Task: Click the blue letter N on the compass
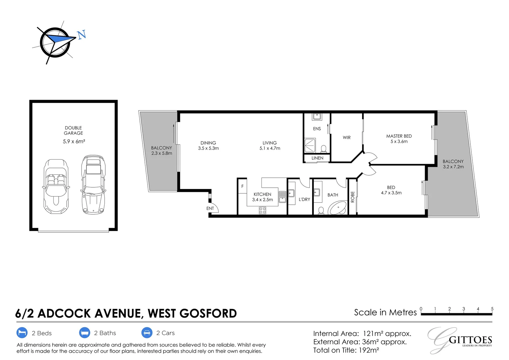click(82, 34)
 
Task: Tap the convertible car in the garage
click(56, 186)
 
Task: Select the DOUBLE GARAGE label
click(73, 130)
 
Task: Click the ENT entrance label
click(210, 208)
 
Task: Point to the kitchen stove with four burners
click(262, 210)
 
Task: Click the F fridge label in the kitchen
click(242, 186)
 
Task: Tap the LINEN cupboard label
click(317, 158)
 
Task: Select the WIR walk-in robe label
click(346, 137)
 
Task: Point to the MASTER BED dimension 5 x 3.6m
click(399, 141)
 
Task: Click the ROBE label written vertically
click(352, 197)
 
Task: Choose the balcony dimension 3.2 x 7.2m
click(453, 167)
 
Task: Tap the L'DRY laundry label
click(304, 199)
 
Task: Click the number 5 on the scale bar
click(492, 309)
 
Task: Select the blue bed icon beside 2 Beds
click(22, 333)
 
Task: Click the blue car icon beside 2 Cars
click(147, 333)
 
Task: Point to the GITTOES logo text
click(470, 340)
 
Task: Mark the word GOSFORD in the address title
click(208, 314)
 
